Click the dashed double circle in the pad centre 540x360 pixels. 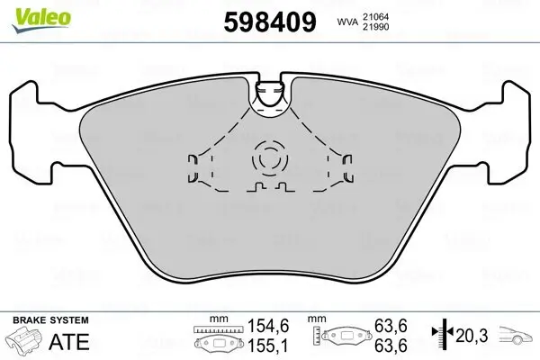pos(268,158)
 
